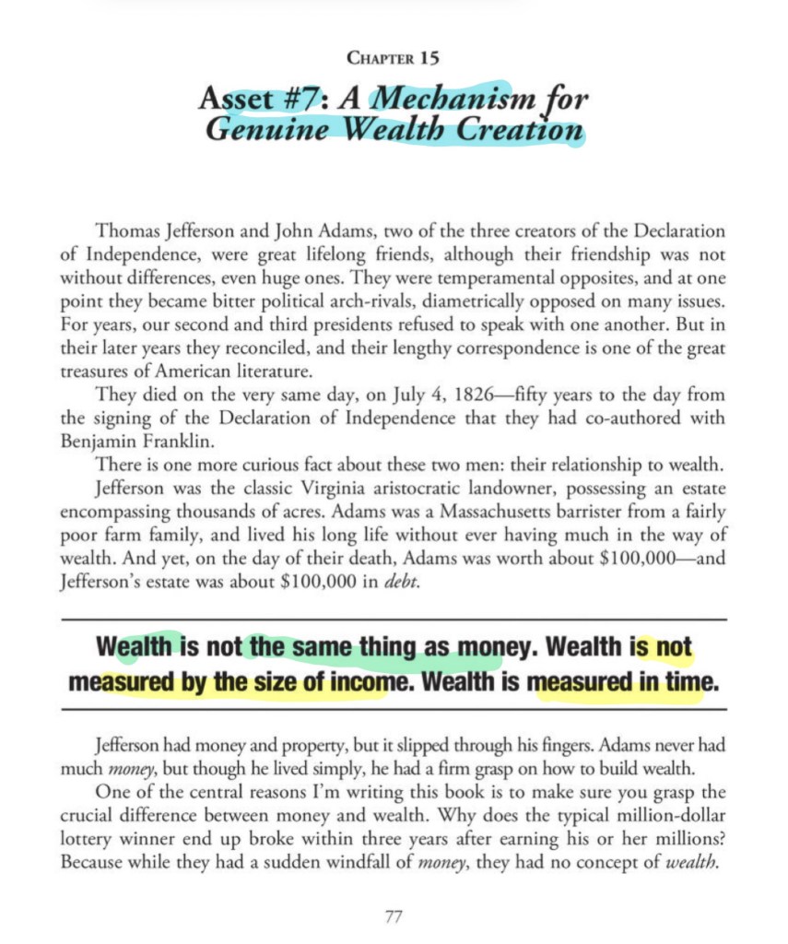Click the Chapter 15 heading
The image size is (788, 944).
(394, 58)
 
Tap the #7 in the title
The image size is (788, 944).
(291, 98)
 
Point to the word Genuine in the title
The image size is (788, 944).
(260, 130)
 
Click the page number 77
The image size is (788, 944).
(394, 917)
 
